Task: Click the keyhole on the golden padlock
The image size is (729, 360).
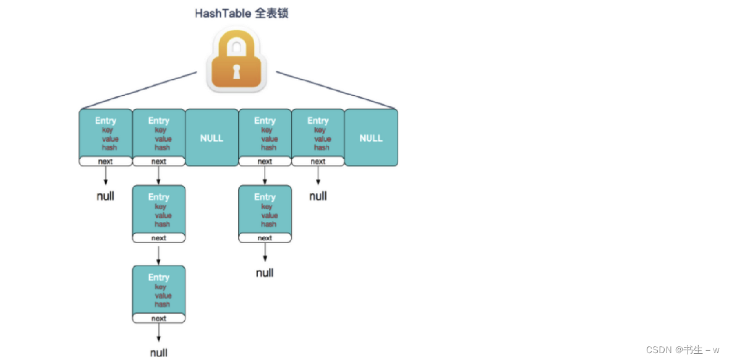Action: click(x=236, y=72)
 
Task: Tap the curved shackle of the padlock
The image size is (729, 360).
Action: click(x=236, y=43)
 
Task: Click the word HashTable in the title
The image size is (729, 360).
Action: click(x=223, y=14)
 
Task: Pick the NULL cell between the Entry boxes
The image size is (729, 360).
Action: click(x=211, y=138)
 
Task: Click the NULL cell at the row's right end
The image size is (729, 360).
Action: click(x=371, y=138)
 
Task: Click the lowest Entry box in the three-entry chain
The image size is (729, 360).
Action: click(x=159, y=290)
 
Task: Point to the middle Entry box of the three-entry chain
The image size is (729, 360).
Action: click(x=159, y=210)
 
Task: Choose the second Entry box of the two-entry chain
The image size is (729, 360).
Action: click(x=265, y=210)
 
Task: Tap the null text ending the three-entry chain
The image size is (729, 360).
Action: click(x=159, y=353)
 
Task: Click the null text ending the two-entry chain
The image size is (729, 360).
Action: click(x=265, y=273)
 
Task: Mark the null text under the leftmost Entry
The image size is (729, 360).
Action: click(x=106, y=197)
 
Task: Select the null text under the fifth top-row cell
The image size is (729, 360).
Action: click(x=318, y=197)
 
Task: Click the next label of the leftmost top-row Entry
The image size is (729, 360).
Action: click(x=106, y=161)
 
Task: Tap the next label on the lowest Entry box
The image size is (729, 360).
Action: click(x=159, y=319)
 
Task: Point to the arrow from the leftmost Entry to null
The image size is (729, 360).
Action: click(x=106, y=176)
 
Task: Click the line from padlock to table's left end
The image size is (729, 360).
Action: click(x=139, y=90)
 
